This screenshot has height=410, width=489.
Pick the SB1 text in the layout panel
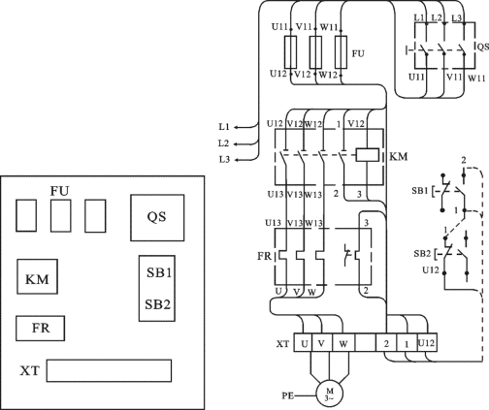click(x=159, y=273)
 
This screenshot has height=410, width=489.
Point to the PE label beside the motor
click(x=288, y=395)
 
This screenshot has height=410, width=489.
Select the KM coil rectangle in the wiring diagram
click(x=367, y=155)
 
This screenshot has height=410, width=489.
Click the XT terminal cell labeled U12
click(x=427, y=342)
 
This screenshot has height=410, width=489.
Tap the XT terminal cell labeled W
click(x=343, y=342)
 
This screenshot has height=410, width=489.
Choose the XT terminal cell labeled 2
click(x=386, y=342)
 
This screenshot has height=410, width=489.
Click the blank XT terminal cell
click(x=366, y=342)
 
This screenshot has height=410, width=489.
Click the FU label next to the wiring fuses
click(x=358, y=53)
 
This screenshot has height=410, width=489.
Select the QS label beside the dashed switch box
click(x=483, y=47)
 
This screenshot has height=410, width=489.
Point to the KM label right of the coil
click(x=398, y=157)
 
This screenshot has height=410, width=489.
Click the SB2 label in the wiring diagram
click(x=422, y=254)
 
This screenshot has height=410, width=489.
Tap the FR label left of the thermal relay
click(x=264, y=256)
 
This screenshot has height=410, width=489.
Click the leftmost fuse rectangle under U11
click(x=290, y=51)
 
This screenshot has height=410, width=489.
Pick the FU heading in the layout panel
click(x=59, y=191)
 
